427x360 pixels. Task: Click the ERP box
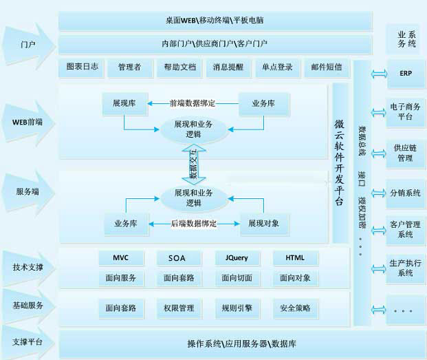point(406,74)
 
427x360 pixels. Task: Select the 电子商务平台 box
point(406,112)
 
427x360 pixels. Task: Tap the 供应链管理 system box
point(406,153)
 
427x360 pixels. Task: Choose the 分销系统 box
point(406,193)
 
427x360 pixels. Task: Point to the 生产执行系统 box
point(406,268)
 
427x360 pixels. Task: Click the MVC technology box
point(113,258)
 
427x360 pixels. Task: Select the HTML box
point(289,258)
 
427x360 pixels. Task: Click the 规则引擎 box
point(233,308)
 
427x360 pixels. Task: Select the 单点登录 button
point(277,67)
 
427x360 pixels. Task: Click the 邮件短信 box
point(326,67)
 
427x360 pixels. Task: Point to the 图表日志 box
point(83,67)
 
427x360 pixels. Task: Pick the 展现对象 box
point(264,224)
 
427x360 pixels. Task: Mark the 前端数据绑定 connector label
point(193,103)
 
